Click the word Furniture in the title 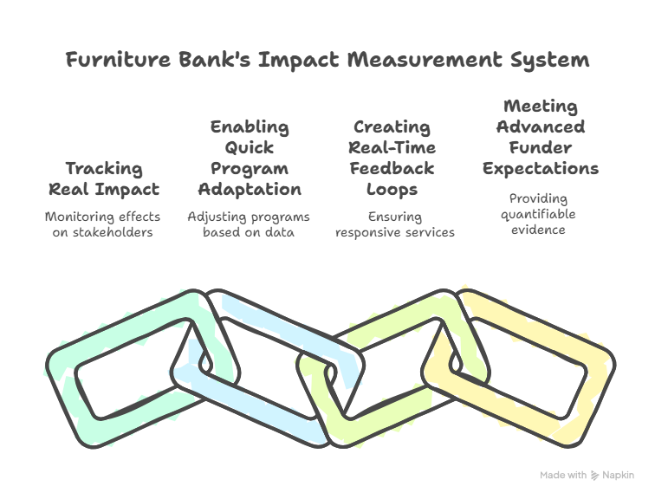click(118, 59)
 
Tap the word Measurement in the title click(425, 59)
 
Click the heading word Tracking click(104, 169)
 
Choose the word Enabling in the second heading click(250, 127)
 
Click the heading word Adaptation click(250, 190)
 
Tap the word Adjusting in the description click(211, 217)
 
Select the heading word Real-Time click(392, 148)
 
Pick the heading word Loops click(392, 190)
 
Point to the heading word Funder click(540, 148)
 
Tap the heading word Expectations click(541, 169)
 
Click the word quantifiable click(538, 215)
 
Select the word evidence click(538, 230)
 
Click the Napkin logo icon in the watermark click(595, 476)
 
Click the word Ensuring click(395, 217)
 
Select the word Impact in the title click(299, 60)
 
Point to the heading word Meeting click(541, 107)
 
